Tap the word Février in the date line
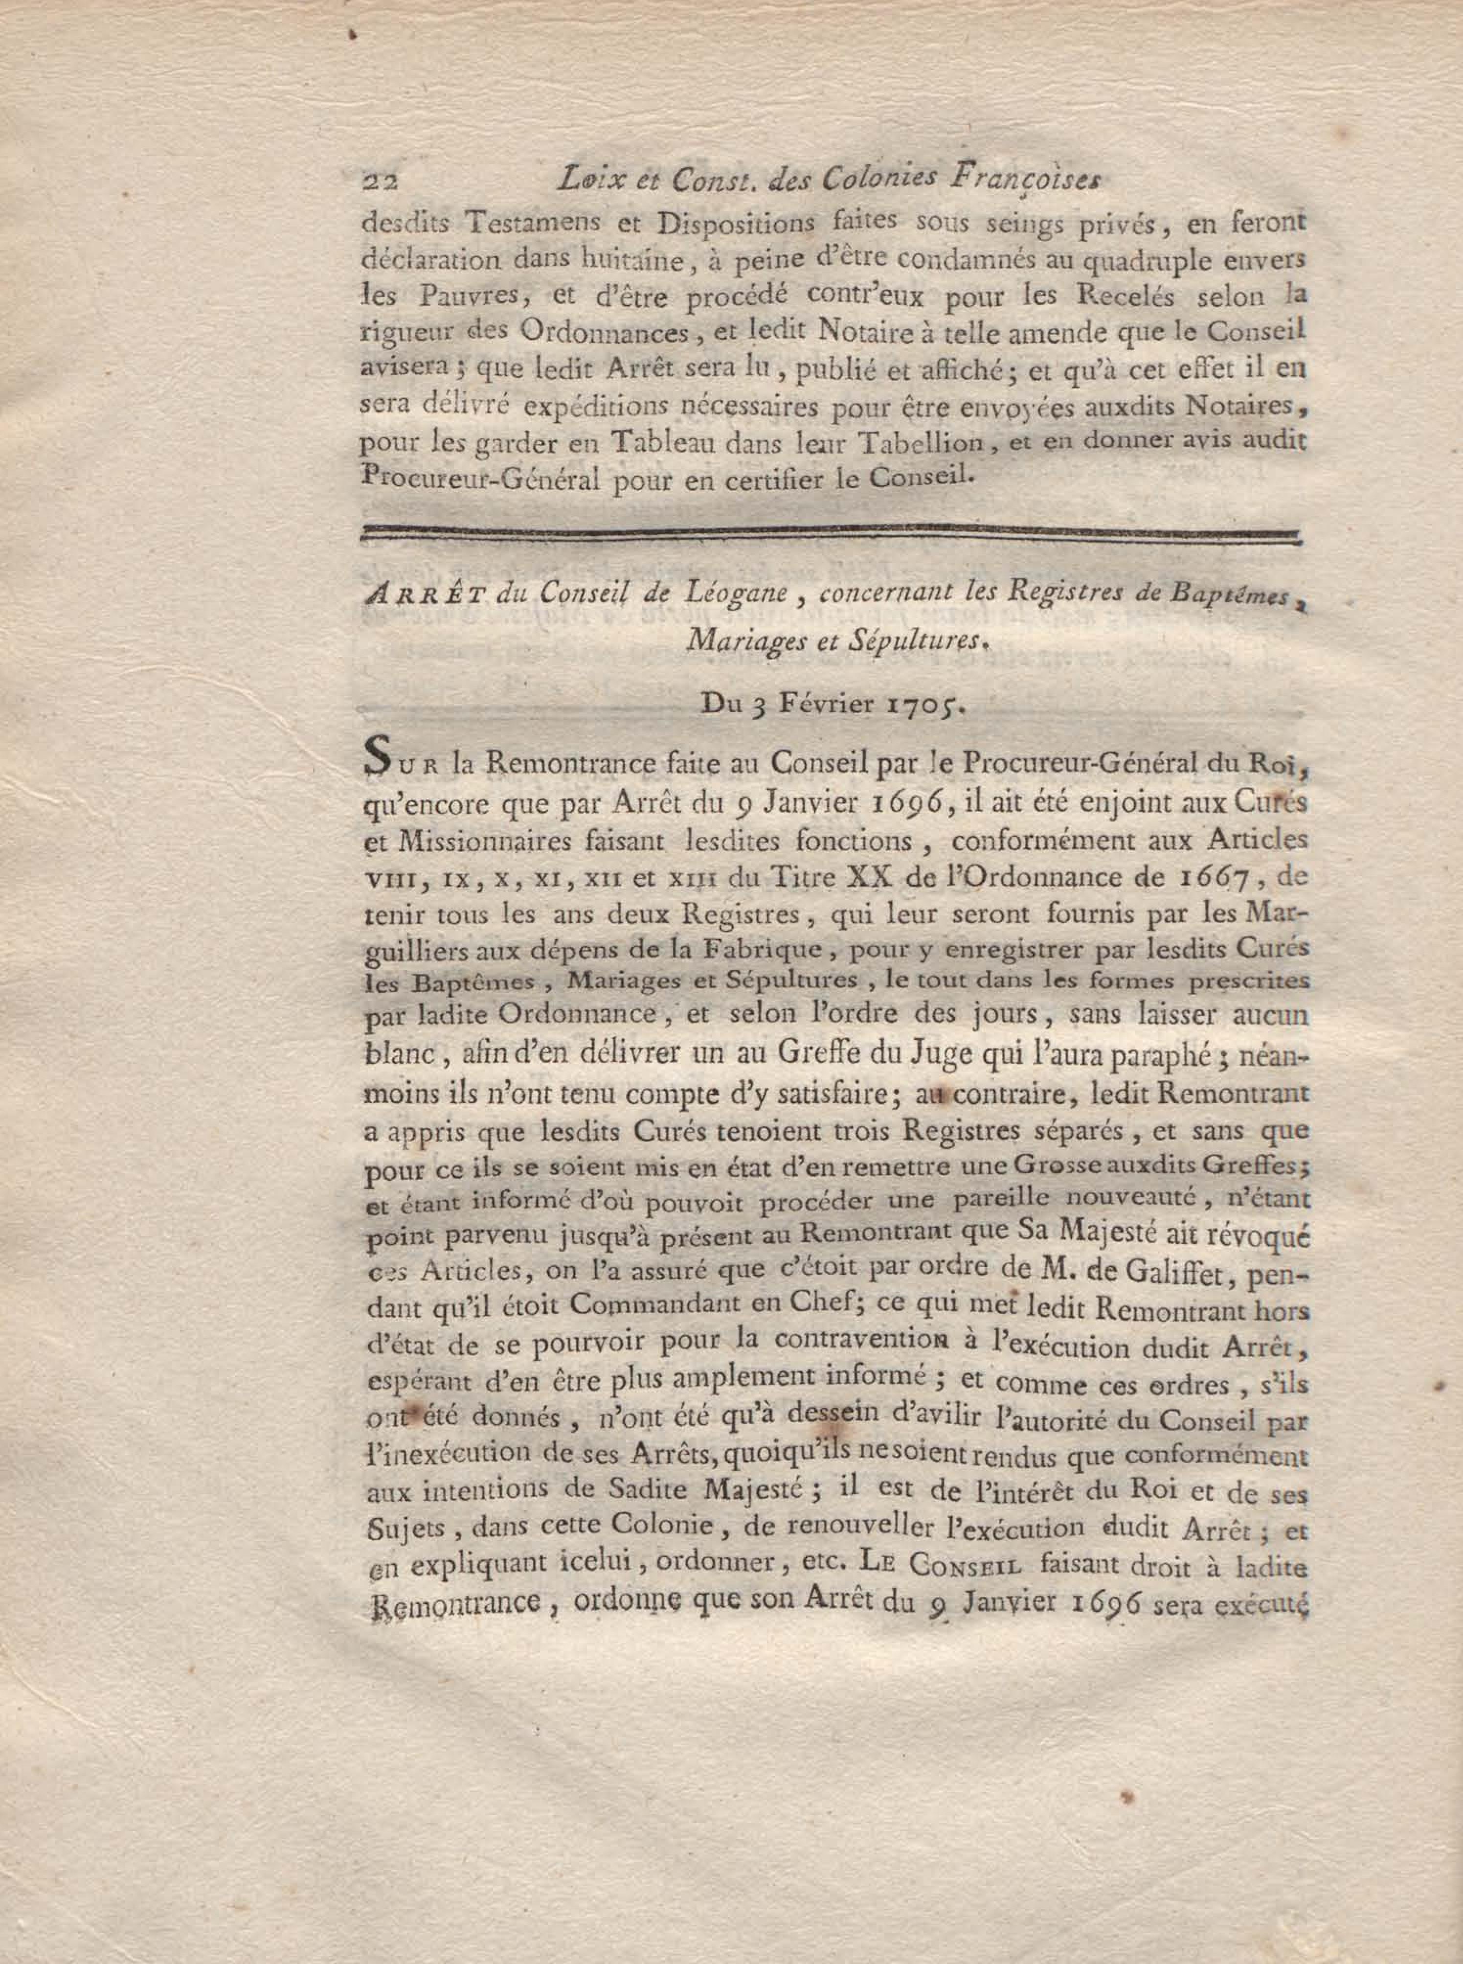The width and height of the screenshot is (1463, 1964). pyautogui.click(x=815, y=704)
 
